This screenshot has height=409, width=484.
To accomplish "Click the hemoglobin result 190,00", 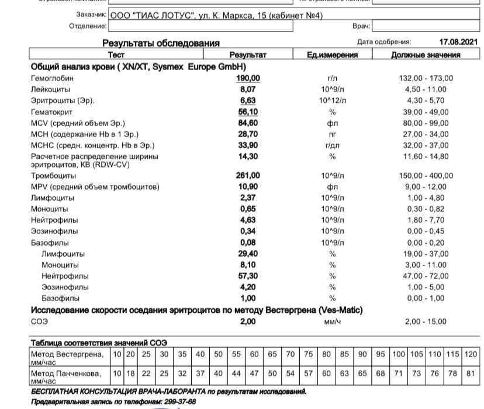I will (x=248, y=78).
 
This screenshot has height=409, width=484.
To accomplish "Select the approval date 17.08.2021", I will (x=458, y=42).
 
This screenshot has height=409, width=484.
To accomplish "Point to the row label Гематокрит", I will (x=52, y=112).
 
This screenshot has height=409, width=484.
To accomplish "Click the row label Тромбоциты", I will (x=53, y=176).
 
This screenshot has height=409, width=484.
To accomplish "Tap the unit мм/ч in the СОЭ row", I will (x=332, y=321).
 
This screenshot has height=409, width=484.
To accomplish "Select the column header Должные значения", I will (x=426, y=55).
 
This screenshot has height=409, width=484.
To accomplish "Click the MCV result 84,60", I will (x=248, y=123).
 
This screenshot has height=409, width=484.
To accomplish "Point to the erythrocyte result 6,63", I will (x=248, y=100).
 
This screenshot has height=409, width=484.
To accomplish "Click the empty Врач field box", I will (x=426, y=26).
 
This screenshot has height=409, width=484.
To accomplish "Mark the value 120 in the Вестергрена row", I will (x=471, y=355).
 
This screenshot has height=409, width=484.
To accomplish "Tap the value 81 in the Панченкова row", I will (x=471, y=373).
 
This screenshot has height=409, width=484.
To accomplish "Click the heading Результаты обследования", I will (x=161, y=43).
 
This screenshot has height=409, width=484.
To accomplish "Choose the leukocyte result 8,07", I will (x=248, y=89).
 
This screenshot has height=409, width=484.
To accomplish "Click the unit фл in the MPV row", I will (x=332, y=187).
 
